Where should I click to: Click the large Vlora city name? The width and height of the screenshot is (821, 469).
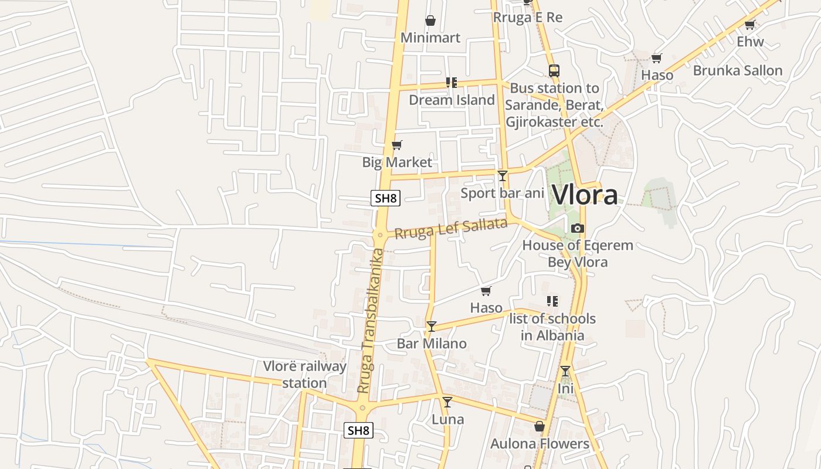[585, 195]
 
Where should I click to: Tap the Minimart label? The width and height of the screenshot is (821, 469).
[430, 38]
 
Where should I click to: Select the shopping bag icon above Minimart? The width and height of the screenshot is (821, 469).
[430, 21]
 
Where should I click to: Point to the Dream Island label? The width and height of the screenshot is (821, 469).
[452, 100]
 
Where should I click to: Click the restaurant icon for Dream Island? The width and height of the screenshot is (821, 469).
[451, 83]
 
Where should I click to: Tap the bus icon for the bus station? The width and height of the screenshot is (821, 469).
[554, 71]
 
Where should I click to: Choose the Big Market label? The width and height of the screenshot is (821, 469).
[397, 162]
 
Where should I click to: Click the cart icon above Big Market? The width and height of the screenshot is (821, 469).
[397, 145]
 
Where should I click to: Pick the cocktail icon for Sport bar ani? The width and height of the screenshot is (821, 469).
[503, 175]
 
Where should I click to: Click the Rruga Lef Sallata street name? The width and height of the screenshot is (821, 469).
[450, 228]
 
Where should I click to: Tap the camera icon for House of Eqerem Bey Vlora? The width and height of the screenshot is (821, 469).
[578, 228]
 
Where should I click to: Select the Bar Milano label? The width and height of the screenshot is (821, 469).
[432, 344]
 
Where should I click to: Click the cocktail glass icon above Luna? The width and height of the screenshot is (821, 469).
[447, 402]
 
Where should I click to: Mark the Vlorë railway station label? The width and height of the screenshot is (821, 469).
[304, 375]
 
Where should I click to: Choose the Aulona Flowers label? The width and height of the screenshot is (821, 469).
[540, 444]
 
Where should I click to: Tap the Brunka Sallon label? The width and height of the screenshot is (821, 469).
[738, 70]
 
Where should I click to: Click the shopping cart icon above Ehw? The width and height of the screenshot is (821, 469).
[749, 25]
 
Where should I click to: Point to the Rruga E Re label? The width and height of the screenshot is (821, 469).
[528, 18]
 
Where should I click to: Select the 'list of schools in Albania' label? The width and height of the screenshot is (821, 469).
[552, 327]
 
